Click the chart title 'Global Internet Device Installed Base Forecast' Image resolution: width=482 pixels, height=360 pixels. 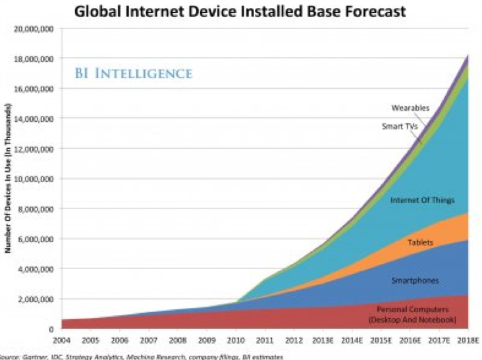click(x=241, y=11)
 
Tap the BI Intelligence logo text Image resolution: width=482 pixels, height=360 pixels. click(x=133, y=72)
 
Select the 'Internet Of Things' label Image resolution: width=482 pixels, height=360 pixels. click(x=418, y=199)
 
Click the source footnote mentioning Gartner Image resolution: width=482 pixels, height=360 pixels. click(x=142, y=356)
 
